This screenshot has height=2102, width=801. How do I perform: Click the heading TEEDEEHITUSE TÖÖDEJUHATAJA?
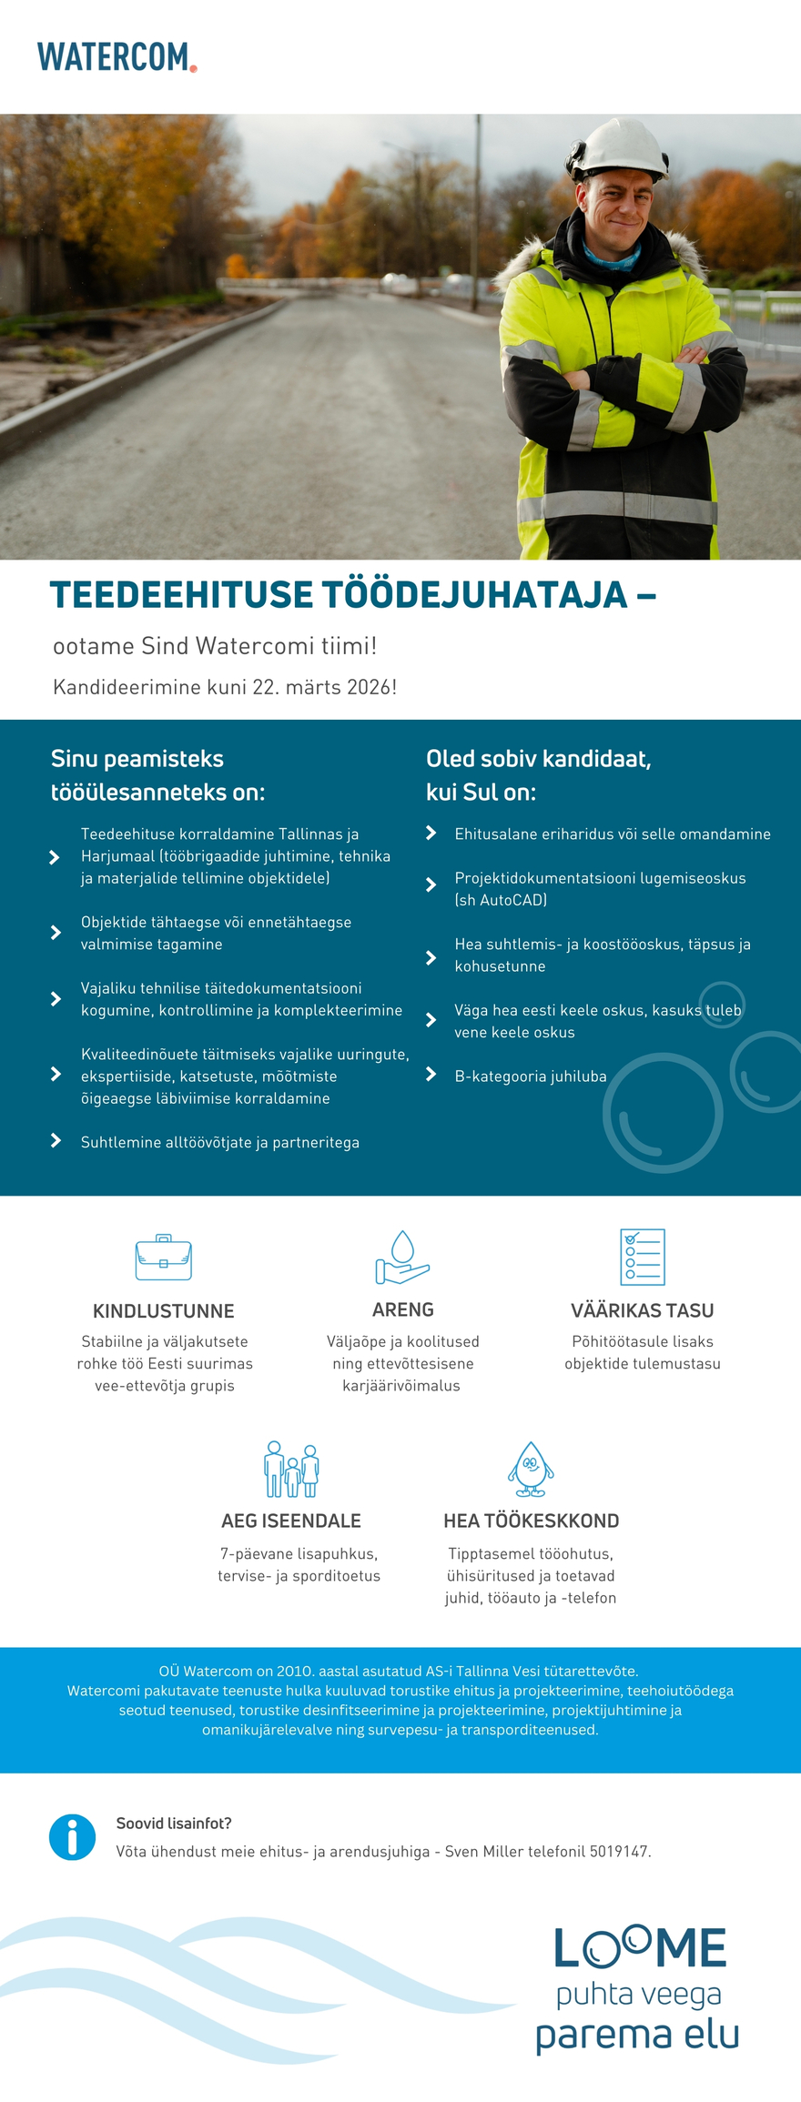tap(339, 594)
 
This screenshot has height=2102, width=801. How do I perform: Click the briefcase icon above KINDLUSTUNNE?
tap(163, 1258)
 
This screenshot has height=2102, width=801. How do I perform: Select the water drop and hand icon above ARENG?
tap(402, 1258)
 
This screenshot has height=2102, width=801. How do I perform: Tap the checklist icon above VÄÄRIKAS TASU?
tap(642, 1257)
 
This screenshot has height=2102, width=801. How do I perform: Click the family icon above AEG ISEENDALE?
tap(291, 1469)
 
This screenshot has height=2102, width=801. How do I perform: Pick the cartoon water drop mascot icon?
tap(531, 1469)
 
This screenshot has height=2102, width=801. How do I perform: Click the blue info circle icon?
tap(72, 1837)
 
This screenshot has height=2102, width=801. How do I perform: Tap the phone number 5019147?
tap(619, 1852)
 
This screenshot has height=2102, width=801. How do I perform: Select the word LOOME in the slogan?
tap(640, 1948)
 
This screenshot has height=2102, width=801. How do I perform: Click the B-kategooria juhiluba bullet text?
tap(531, 1076)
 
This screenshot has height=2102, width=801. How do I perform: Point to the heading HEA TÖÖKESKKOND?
tap(531, 1521)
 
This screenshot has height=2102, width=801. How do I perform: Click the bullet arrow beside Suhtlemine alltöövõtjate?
tap(56, 1141)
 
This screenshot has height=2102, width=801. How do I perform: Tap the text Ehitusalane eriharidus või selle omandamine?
tap(613, 834)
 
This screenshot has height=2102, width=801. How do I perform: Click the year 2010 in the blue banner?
tap(294, 1671)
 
